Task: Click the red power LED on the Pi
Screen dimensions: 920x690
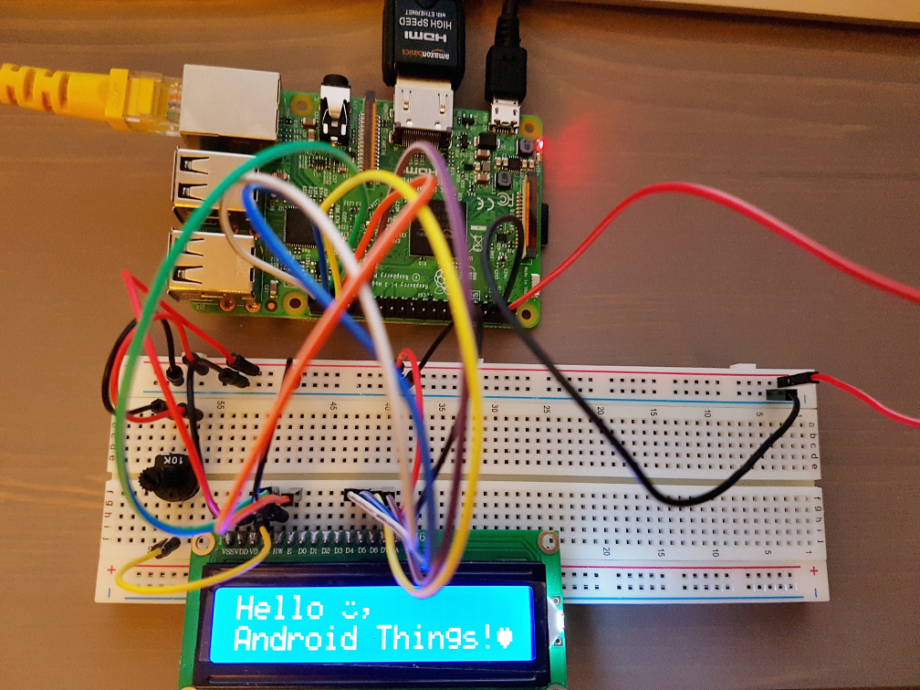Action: click(542, 142)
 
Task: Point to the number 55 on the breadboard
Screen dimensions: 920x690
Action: click(220, 403)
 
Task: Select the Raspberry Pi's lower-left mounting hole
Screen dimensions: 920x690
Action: click(295, 300)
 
